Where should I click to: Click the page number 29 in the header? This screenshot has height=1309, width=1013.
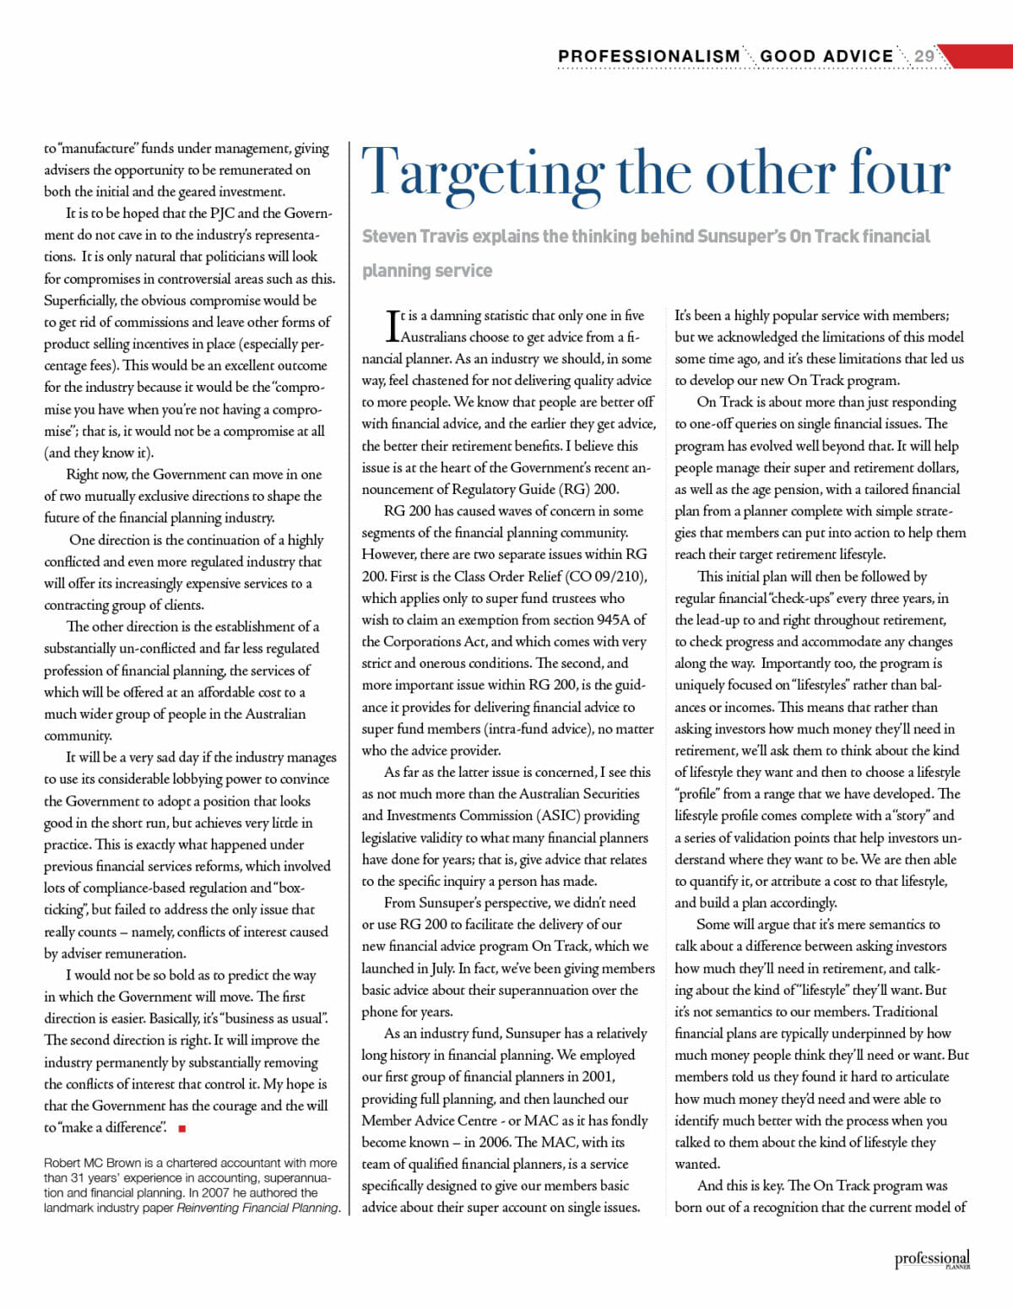(x=924, y=57)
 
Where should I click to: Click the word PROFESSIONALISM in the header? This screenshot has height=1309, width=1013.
(x=648, y=57)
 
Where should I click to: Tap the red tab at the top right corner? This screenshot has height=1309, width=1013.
(x=979, y=57)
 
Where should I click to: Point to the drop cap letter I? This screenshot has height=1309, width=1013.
(x=393, y=326)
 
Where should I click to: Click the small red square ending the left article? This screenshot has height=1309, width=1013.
(x=182, y=1128)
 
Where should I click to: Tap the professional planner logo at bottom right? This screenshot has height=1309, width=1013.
(x=932, y=1259)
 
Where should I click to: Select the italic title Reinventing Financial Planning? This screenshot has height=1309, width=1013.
(x=257, y=1208)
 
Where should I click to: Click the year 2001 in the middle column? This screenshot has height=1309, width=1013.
(x=598, y=1077)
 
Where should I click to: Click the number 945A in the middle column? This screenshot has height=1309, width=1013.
(x=612, y=620)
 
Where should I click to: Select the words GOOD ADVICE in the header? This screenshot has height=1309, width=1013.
(x=826, y=57)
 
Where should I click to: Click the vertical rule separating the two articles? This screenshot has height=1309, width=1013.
(x=350, y=676)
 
